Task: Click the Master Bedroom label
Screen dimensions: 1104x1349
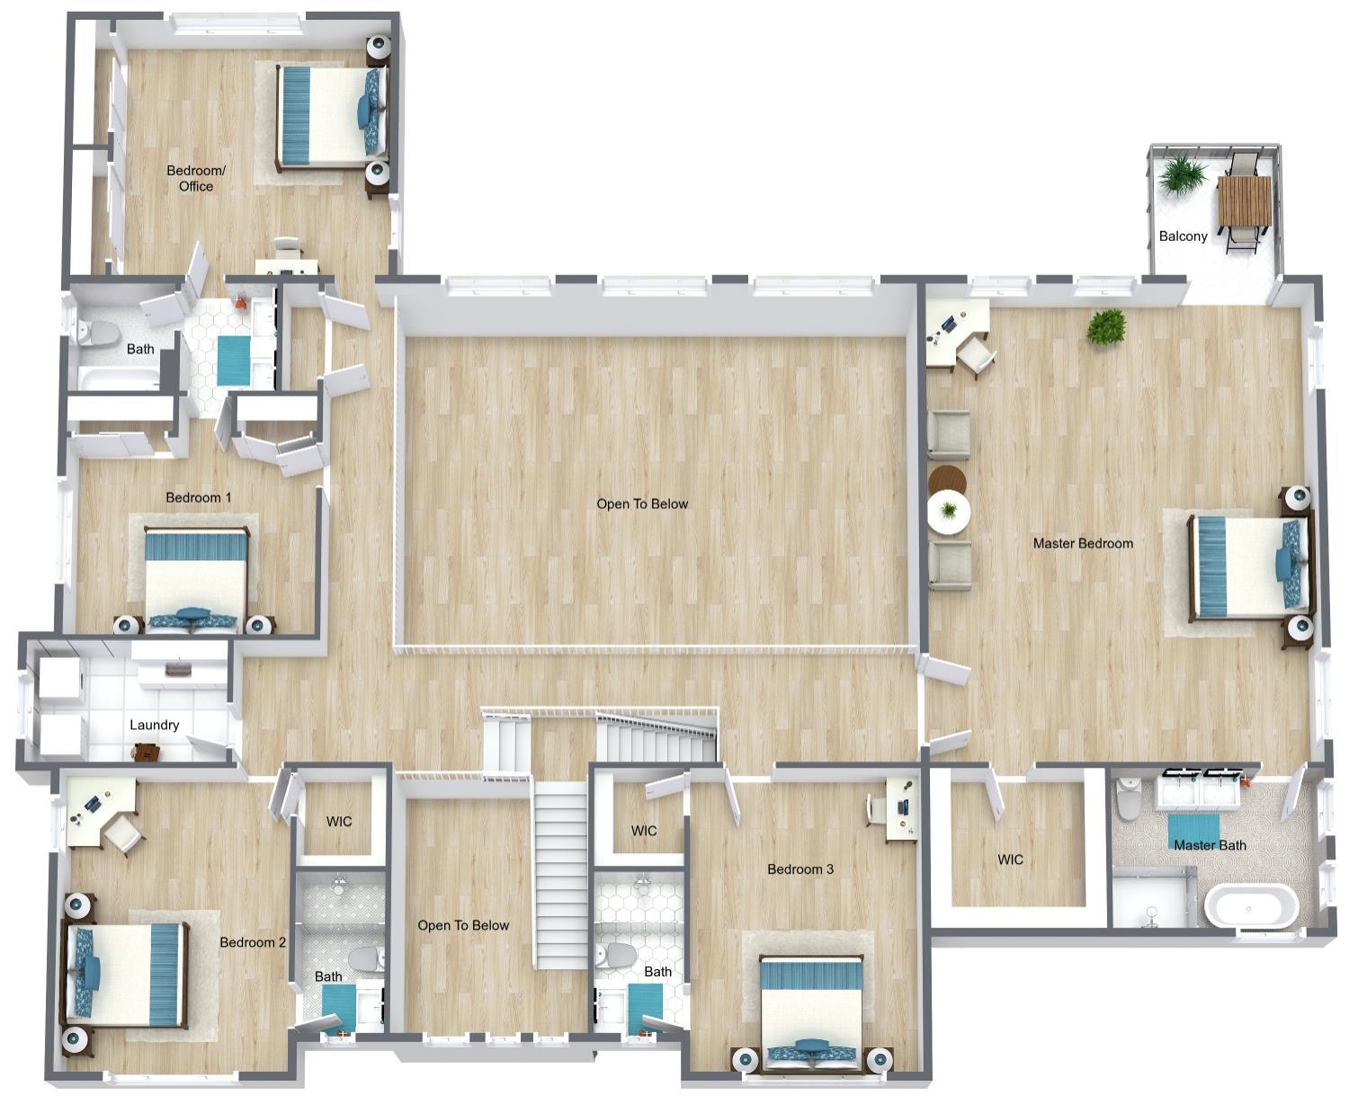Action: coord(1082,543)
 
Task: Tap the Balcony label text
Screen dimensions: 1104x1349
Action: coord(1183,236)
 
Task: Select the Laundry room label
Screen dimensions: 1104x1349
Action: coord(154,725)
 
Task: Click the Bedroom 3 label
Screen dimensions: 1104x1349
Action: coord(800,869)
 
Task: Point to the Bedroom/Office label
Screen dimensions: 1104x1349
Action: coord(196,178)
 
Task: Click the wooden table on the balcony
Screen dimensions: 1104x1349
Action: coord(1244,202)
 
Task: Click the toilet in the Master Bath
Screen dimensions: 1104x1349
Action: coord(1128,798)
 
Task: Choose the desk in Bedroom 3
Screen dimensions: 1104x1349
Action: coord(901,808)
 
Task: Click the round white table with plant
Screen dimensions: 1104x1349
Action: coord(948,512)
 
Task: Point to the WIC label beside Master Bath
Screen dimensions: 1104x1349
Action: coord(1010,859)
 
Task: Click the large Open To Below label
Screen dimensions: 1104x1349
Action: coord(642,504)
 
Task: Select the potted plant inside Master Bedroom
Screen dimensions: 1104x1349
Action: coord(1106,326)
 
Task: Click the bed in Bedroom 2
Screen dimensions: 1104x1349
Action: coord(126,975)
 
